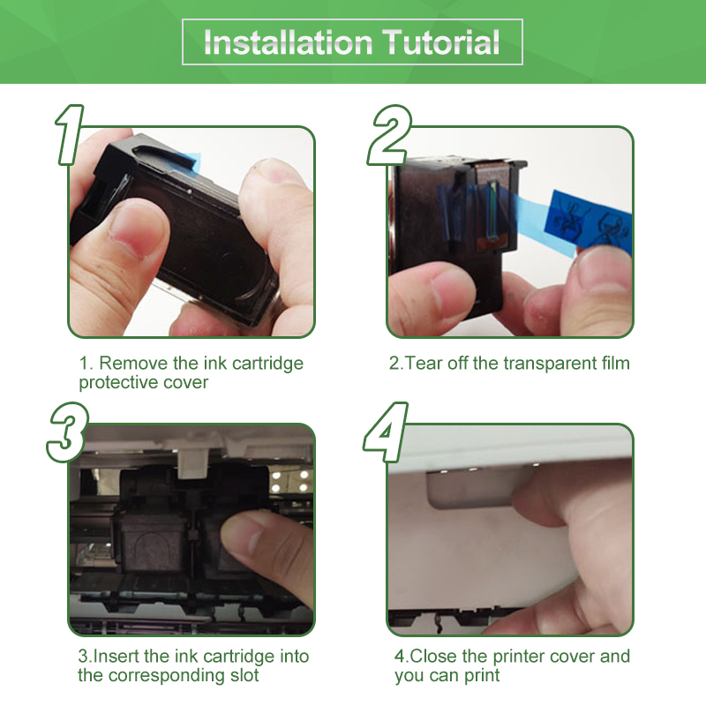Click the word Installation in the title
pos(289,41)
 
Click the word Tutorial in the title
pos(441,41)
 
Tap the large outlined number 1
pos(70,135)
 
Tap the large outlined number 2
pos(389,135)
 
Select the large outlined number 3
pos(68,432)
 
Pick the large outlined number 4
pos(386,432)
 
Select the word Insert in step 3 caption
pos(116,656)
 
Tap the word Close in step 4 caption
pos(433,656)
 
